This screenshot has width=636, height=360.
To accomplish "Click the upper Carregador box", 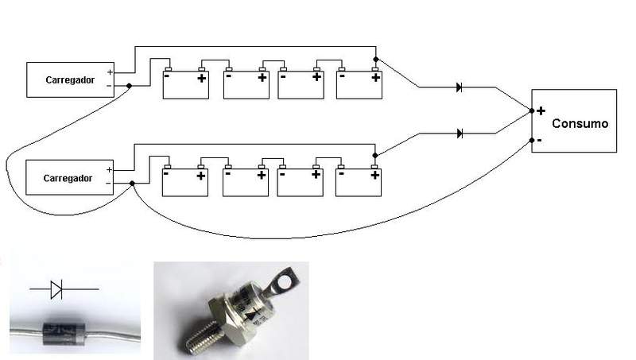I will pos(71,80).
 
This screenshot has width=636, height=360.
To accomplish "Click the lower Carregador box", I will pos(71,177).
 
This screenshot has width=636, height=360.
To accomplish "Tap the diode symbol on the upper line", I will pos(460,87).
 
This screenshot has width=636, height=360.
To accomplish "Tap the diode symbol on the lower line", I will pos(460,133).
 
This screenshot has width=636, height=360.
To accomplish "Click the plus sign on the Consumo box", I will pos(541,111).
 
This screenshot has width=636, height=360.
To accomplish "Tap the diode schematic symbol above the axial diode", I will pos(56,290).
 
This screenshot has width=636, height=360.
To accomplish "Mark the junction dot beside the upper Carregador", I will pos(128,85).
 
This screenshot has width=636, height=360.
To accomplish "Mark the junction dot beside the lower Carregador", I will pos(132,184).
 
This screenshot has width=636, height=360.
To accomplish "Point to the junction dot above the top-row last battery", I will pos(375,59).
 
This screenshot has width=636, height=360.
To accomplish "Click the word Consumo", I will pos(580,124).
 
